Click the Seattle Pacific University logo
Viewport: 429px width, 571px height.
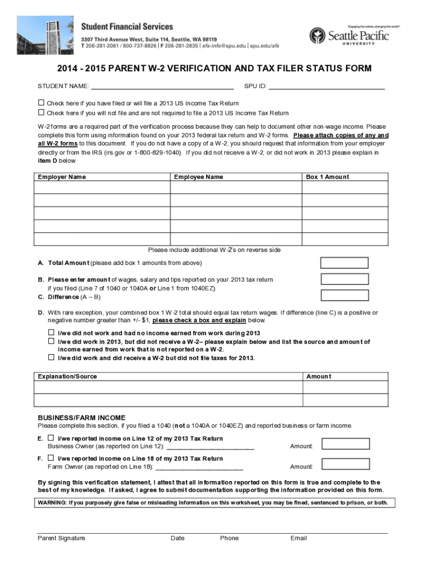click(x=349, y=35)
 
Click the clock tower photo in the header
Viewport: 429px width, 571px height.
click(x=45, y=35)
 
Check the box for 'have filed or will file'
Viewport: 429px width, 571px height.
click(x=41, y=103)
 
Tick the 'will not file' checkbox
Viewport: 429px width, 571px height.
click(x=41, y=112)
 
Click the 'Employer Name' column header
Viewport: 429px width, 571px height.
click(x=62, y=177)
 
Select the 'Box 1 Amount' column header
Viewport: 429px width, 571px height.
click(x=328, y=177)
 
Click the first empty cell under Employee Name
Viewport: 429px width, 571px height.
click(x=236, y=187)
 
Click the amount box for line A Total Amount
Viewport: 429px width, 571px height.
click(x=344, y=263)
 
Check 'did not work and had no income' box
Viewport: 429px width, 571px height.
click(x=51, y=332)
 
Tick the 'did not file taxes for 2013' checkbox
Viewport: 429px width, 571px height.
click(x=51, y=357)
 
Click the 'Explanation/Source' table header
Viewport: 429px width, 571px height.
click(x=67, y=376)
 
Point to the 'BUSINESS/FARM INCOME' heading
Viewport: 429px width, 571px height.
click(x=81, y=418)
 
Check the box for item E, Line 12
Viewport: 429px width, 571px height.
click(x=51, y=438)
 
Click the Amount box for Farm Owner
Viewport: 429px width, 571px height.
click(x=345, y=464)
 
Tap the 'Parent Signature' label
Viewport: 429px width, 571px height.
click(x=61, y=538)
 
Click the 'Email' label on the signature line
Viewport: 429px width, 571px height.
click(x=299, y=538)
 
